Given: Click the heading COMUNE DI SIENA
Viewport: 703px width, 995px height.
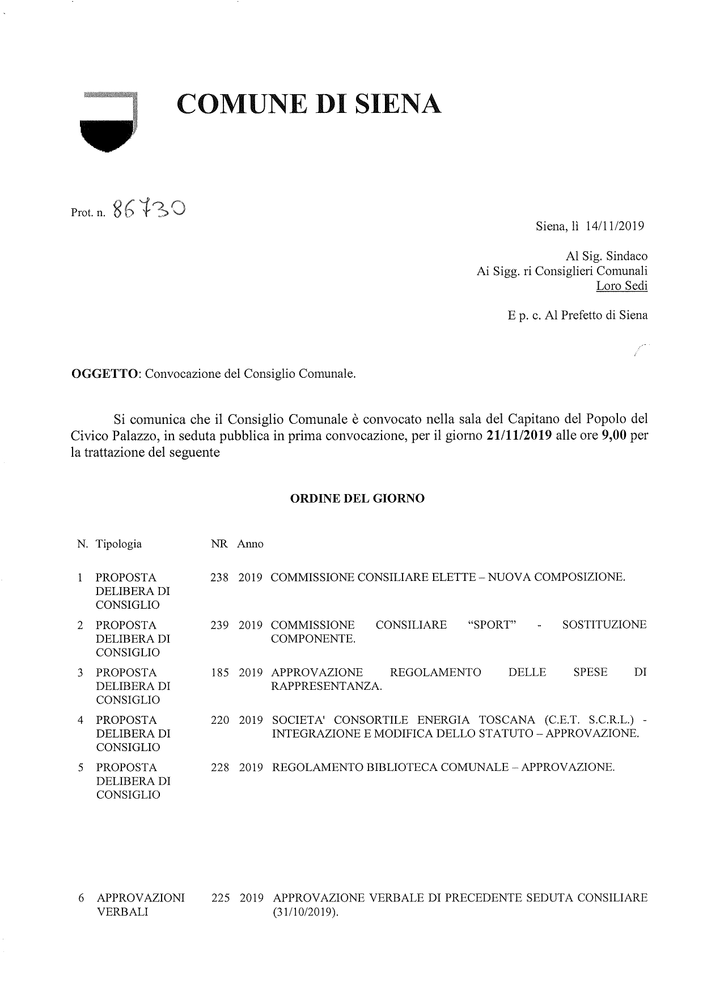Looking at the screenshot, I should [x=309, y=104].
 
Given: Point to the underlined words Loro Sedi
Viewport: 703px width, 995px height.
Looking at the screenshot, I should [x=621, y=286].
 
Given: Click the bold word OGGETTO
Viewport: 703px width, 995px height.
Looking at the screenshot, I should [x=105, y=374].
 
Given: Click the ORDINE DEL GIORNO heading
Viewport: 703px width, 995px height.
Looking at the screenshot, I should [x=357, y=499].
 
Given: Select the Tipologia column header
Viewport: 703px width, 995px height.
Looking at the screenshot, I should [x=119, y=544].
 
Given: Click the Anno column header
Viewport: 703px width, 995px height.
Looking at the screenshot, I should [x=250, y=544].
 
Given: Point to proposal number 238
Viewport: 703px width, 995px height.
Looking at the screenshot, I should [x=219, y=577].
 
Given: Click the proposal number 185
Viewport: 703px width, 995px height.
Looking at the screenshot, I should [x=219, y=673].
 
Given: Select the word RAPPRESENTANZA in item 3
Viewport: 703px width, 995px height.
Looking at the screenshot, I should [x=327, y=686].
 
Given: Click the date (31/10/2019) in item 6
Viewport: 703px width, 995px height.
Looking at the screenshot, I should [x=305, y=913].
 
